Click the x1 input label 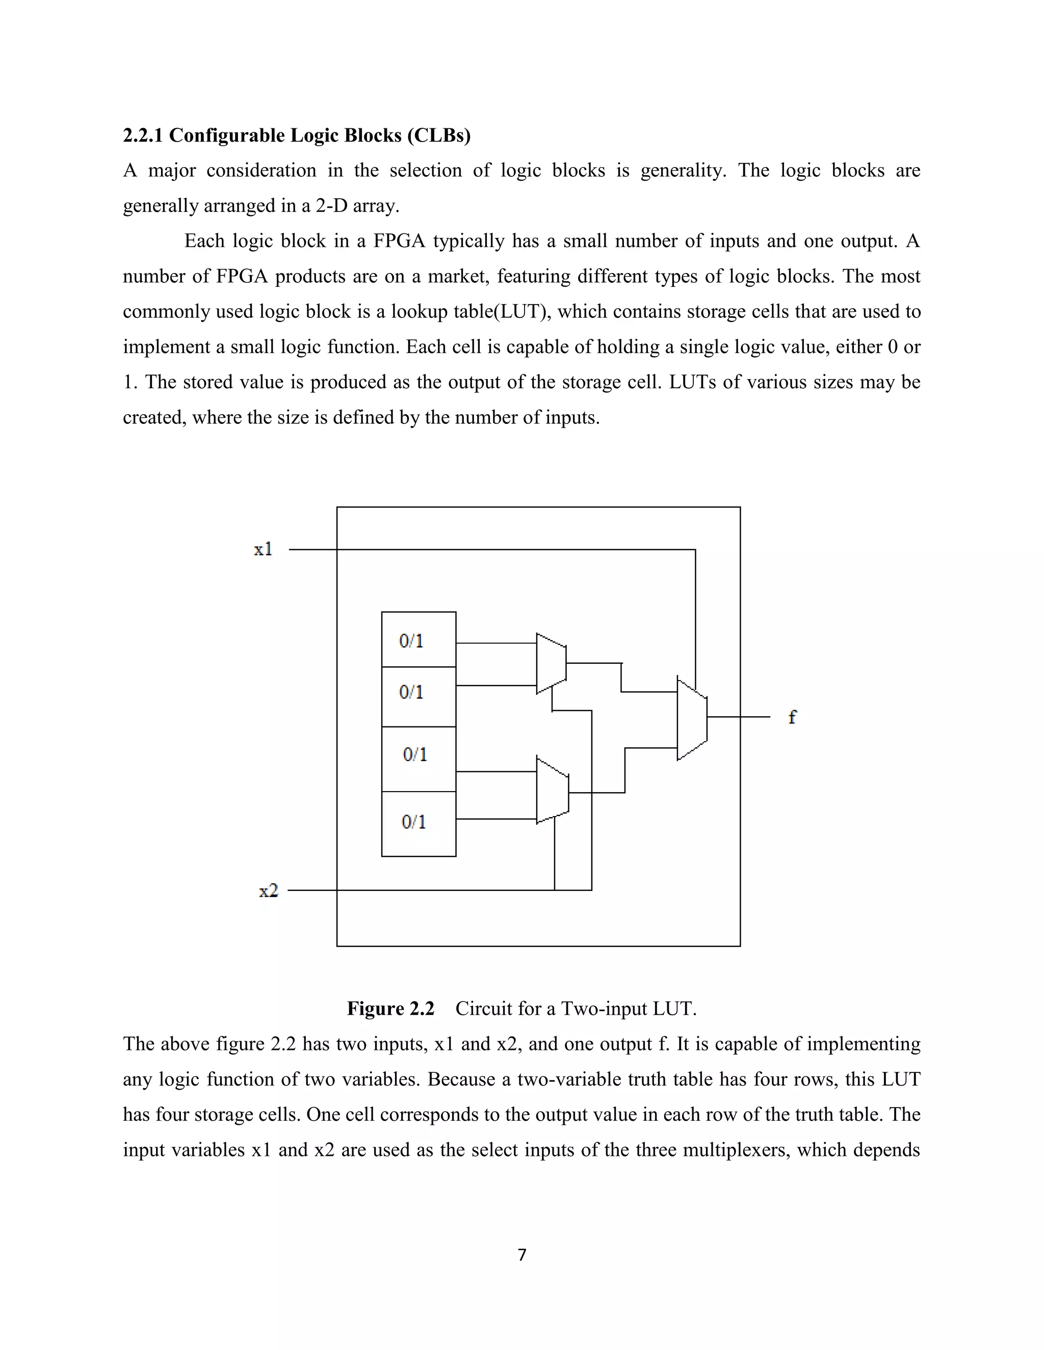click(x=263, y=549)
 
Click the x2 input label click(x=269, y=890)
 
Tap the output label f click(x=792, y=717)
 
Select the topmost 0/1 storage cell click(x=419, y=640)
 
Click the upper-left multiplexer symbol click(x=551, y=663)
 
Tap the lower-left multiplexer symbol click(x=552, y=791)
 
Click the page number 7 click(x=522, y=1255)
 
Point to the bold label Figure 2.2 click(x=390, y=1008)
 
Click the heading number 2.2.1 click(x=142, y=136)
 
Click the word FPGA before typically click(x=399, y=240)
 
